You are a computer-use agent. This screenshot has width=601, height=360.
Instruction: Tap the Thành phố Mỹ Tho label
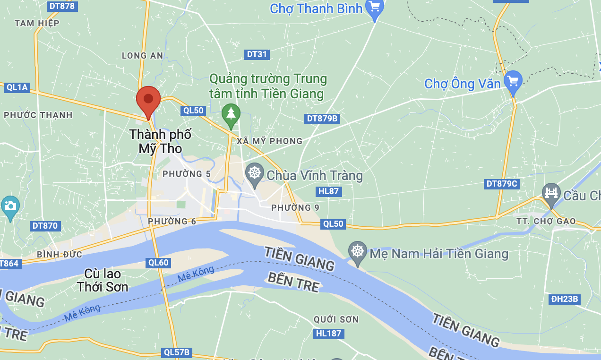(160, 141)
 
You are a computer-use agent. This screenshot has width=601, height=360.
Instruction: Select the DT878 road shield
(63, 6)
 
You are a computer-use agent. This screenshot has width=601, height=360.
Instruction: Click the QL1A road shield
(17, 87)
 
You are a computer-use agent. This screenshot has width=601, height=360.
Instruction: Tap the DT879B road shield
(322, 118)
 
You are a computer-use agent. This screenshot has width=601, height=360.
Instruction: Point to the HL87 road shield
(328, 191)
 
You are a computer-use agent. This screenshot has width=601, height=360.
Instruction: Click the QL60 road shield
(158, 263)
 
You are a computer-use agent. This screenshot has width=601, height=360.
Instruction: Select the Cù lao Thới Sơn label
(103, 280)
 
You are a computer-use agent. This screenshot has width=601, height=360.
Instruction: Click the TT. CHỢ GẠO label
(546, 221)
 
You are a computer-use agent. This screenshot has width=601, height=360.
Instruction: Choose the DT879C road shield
(501, 184)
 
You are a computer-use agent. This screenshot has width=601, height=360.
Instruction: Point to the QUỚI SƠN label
(336, 319)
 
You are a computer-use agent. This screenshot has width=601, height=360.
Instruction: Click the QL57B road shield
(176, 352)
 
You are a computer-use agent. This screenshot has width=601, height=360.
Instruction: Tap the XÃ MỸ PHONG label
(270, 141)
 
